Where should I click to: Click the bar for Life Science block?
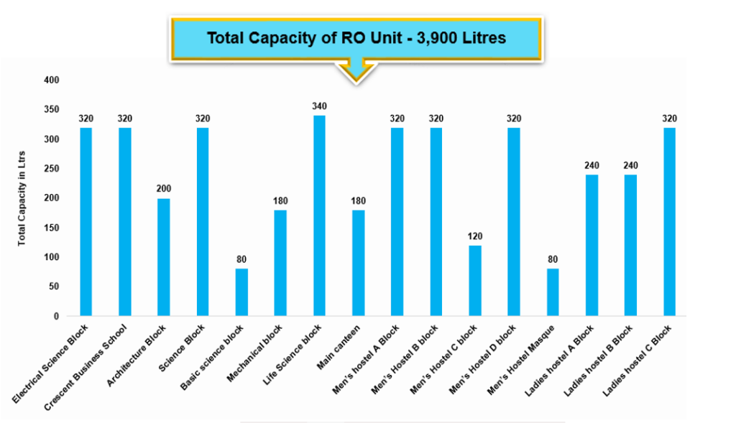click(319, 215)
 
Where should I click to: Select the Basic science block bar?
click(241, 292)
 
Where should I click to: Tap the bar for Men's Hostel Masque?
click(553, 292)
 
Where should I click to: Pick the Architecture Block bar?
click(164, 257)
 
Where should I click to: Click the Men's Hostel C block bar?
click(475, 281)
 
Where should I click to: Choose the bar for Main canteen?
click(358, 263)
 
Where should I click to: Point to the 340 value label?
click(319, 106)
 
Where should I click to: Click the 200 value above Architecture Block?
click(164, 189)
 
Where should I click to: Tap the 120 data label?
click(475, 236)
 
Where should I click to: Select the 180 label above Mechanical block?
click(280, 200)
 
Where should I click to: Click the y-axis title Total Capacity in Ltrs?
click(22, 198)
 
